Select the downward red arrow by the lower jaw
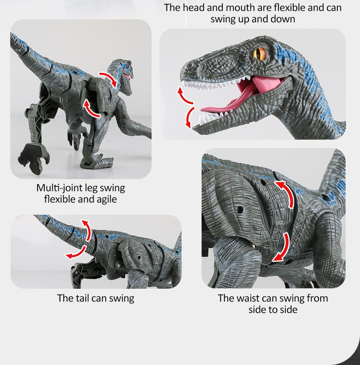189,117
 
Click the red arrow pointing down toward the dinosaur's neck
109,79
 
